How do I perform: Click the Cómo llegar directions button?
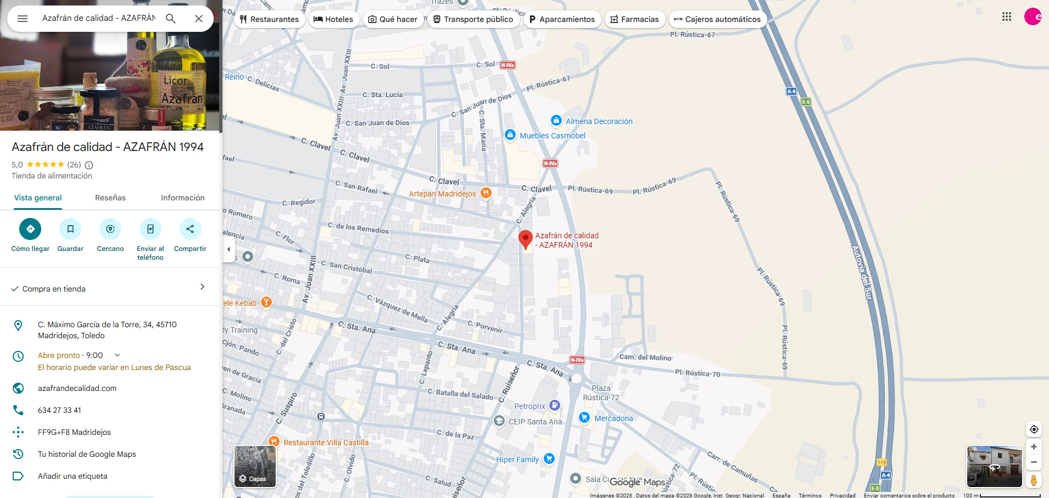point(30,229)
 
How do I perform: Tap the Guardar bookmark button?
point(70,229)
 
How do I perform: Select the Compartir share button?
point(190,229)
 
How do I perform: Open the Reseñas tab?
point(110,198)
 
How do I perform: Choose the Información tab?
point(182,198)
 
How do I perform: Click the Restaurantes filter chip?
point(269,19)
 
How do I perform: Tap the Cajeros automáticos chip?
point(717,19)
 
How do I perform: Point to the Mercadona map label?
point(613,418)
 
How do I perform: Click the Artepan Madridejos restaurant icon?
point(486,193)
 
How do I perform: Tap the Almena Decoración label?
point(599,121)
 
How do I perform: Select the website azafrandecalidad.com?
point(77,388)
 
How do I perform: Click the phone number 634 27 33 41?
point(59,410)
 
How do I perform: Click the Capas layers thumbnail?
point(255,466)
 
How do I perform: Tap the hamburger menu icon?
point(23,19)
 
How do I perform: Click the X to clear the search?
point(199,19)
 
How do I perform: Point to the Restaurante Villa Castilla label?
point(326,443)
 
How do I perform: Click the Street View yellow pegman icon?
point(1033,480)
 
